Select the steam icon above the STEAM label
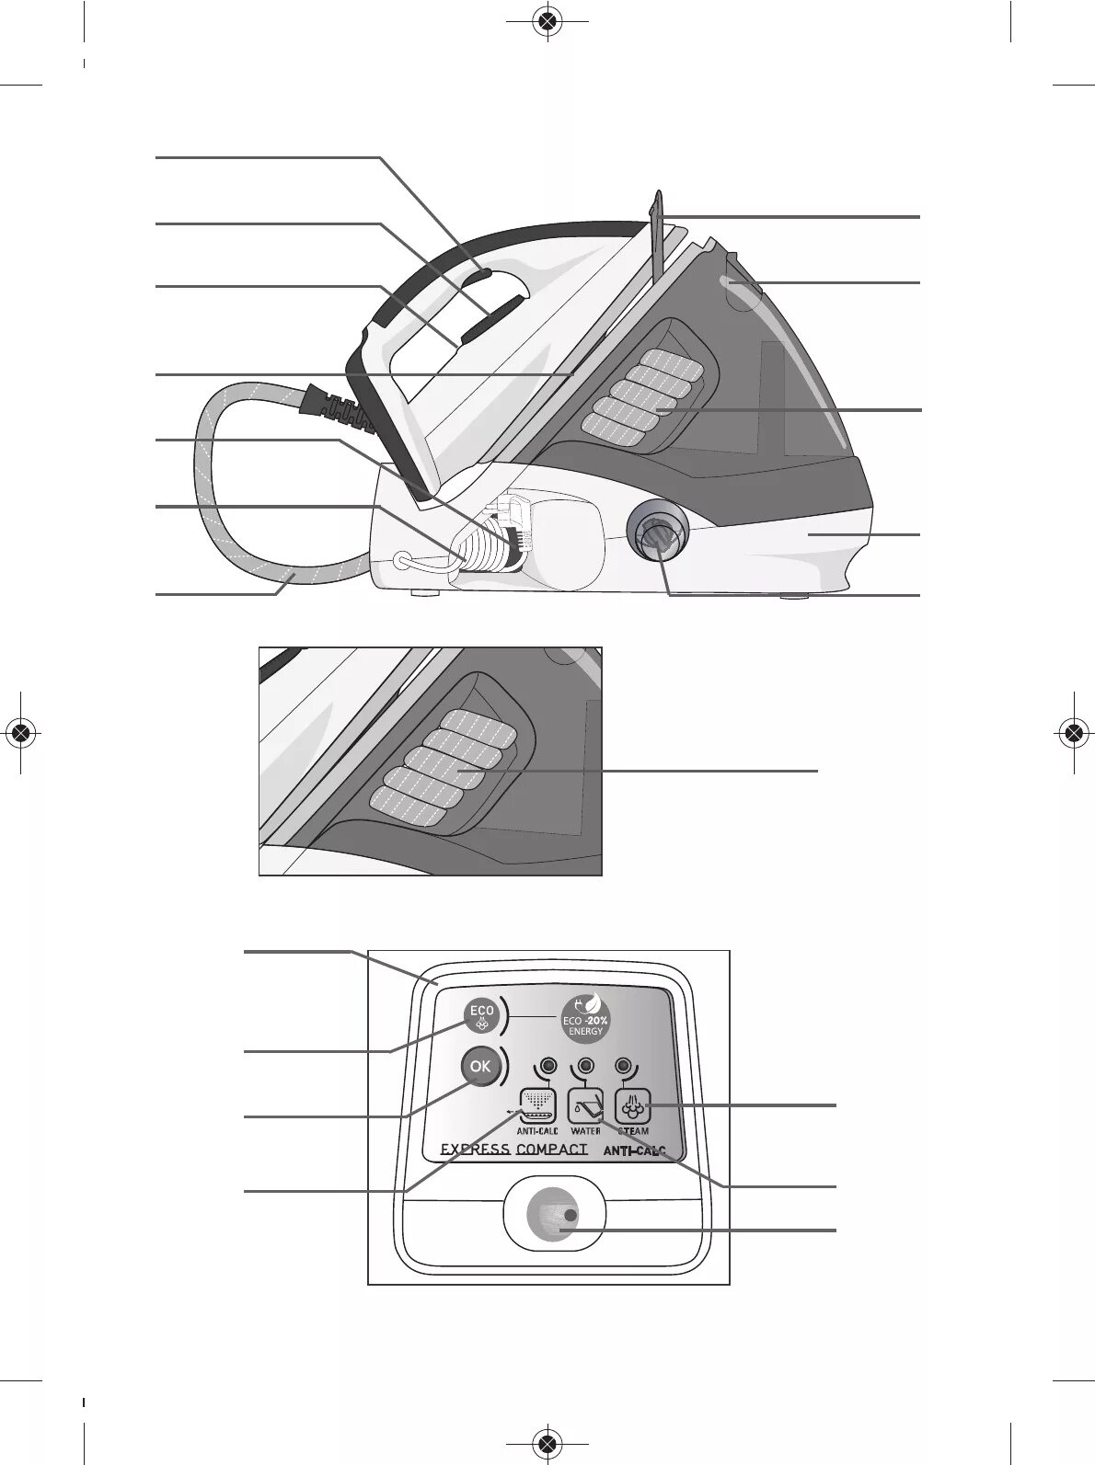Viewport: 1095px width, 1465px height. pyautogui.click(x=632, y=1104)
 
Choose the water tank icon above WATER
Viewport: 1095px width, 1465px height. pyautogui.click(x=585, y=1104)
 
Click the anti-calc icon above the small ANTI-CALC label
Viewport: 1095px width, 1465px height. pyautogui.click(x=537, y=1104)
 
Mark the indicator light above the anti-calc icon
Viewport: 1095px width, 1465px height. pyautogui.click(x=548, y=1066)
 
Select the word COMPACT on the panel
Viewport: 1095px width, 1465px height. pyautogui.click(x=551, y=1150)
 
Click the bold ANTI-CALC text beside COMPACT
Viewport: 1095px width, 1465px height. pyautogui.click(x=634, y=1150)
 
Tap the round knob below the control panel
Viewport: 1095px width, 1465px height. pyautogui.click(x=553, y=1216)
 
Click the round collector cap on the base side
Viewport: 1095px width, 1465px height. pyautogui.click(x=657, y=532)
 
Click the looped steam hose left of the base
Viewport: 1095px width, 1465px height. pyautogui.click(x=221, y=478)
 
